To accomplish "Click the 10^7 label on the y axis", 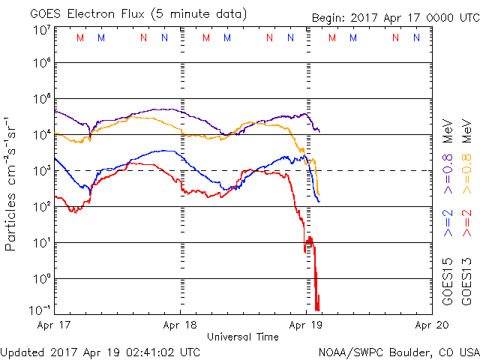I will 41,30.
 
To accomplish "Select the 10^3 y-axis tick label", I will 41,171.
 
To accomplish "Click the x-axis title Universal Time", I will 243,337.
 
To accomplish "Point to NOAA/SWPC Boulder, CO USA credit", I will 397,351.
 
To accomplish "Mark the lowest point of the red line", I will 318,309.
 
